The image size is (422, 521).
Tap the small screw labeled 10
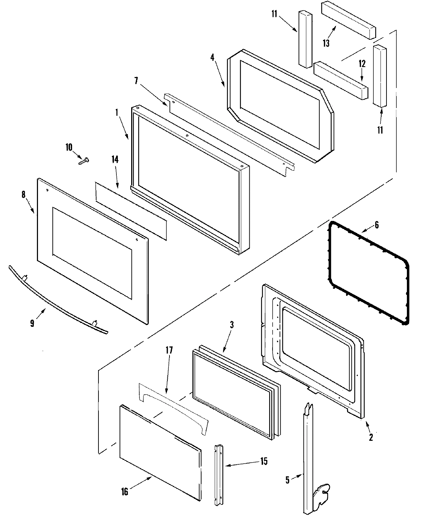pyautogui.click(x=84, y=161)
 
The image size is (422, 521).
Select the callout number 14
pyautogui.click(x=115, y=159)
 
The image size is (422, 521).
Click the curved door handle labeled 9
pyautogui.click(x=56, y=300)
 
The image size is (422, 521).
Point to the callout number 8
pyautogui.click(x=24, y=195)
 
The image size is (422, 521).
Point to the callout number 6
pyautogui.click(x=376, y=225)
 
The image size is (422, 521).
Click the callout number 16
pyautogui.click(x=124, y=491)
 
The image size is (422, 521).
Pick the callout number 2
pyautogui.click(x=371, y=438)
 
